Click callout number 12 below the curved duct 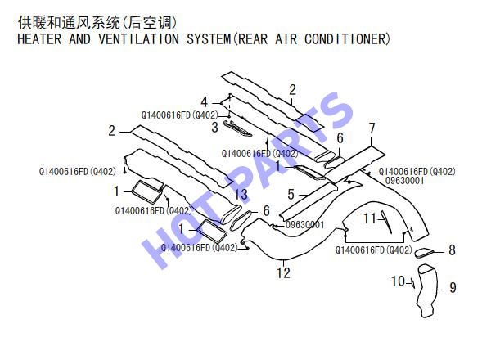coord(283,272)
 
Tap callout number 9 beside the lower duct coord(453,288)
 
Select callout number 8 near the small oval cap coord(452,250)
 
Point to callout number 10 coord(399,281)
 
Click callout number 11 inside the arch coord(370,218)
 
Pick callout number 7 coord(372,128)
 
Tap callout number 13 coord(241,195)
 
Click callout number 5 coord(291,195)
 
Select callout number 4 coord(204,101)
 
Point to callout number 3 coord(214,128)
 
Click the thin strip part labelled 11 coord(386,222)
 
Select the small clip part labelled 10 coord(413,284)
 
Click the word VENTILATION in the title coord(138,39)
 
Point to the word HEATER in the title coord(39,39)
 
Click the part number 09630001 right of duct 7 coord(404,181)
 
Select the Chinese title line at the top coord(97,23)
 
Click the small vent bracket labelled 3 coord(238,128)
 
